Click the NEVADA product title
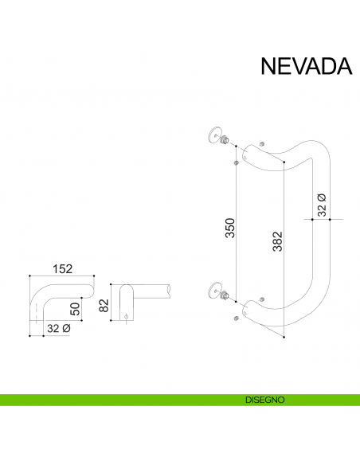(306, 65)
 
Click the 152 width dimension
(61, 269)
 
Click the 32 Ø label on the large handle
(322, 205)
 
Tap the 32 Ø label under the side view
(58, 327)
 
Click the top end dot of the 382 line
(284, 162)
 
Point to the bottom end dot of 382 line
(284, 338)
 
